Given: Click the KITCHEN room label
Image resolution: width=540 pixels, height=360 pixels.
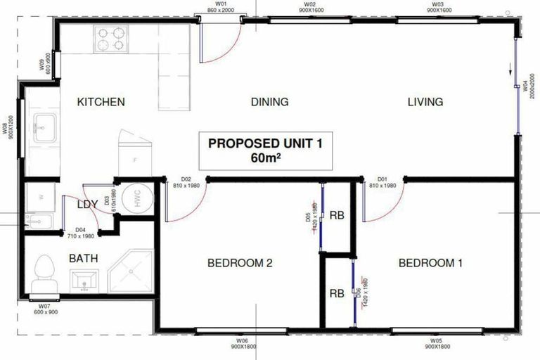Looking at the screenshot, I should click(x=101, y=102).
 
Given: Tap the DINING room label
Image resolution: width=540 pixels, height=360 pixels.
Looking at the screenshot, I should click(x=269, y=102).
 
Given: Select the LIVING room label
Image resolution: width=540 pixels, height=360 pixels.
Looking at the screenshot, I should click(x=425, y=102).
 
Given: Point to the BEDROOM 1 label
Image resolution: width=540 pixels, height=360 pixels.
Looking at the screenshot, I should click(x=430, y=264).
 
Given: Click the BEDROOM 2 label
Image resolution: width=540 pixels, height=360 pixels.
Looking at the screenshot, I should click(x=240, y=264).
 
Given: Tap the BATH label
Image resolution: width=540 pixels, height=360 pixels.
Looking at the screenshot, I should click(x=83, y=258).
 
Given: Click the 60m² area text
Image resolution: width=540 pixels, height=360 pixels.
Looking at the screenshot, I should click(x=264, y=157).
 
